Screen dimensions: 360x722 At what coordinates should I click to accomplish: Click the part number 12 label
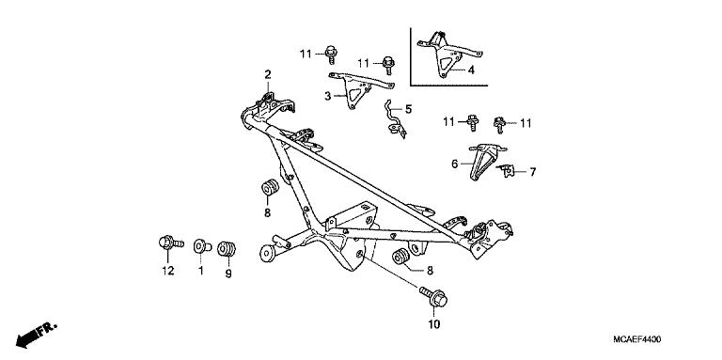coord(166,272)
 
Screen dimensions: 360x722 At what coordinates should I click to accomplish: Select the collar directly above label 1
coord(199,247)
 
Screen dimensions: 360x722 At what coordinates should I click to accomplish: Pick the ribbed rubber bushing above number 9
coord(226,249)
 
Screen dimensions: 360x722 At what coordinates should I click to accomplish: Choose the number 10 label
coord(434,325)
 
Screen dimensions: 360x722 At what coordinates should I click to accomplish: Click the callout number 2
coord(267,74)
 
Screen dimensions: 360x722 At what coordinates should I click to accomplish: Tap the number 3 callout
coord(328,96)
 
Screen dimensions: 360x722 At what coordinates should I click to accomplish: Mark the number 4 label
coord(472,70)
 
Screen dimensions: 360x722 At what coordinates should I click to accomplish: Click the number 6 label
coord(454,164)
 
